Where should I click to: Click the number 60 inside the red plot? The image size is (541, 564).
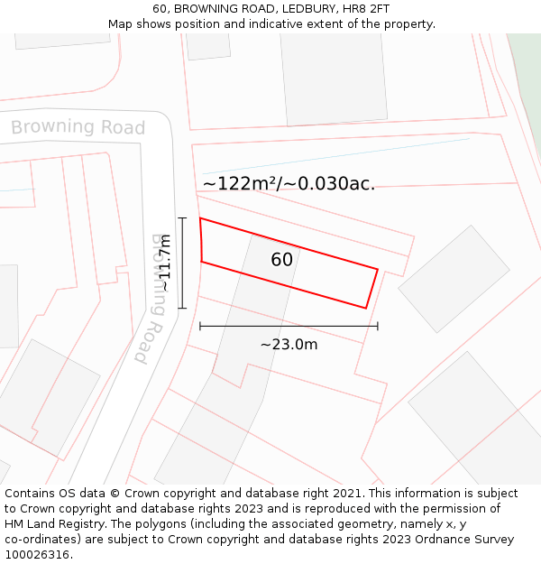(x=281, y=260)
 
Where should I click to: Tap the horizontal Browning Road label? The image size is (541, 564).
(x=78, y=127)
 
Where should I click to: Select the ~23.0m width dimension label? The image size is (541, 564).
(x=289, y=344)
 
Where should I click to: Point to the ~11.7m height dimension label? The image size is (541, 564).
(x=165, y=263)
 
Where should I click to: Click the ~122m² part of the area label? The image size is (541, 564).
(x=238, y=184)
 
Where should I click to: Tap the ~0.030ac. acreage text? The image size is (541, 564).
(x=330, y=184)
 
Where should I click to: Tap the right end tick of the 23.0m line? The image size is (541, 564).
(x=378, y=326)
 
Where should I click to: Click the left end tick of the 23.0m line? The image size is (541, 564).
(x=200, y=326)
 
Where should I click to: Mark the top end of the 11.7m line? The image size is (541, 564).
(x=182, y=218)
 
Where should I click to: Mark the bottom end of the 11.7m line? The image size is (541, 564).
(x=182, y=309)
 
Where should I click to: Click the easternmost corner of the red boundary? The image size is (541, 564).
(x=378, y=268)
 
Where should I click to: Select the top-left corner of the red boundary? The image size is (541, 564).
(x=200, y=218)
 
